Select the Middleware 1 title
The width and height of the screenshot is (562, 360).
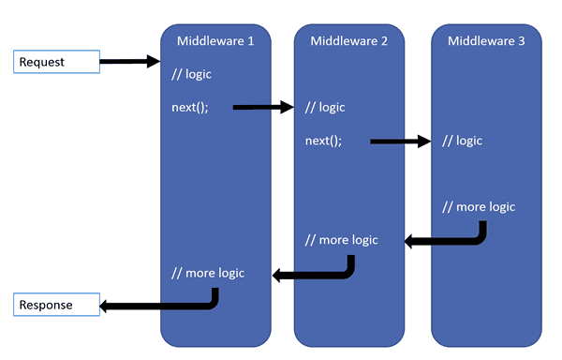click(x=215, y=40)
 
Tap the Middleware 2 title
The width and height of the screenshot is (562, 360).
click(x=349, y=40)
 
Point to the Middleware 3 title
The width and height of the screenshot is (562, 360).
click(x=486, y=40)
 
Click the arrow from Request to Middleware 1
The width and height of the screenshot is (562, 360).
click(x=130, y=62)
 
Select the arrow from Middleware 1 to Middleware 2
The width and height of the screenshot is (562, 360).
click(x=263, y=108)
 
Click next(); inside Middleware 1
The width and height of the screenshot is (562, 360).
click(x=190, y=107)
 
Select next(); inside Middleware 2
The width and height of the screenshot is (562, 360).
click(x=324, y=141)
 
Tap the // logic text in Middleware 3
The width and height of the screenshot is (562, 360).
click(x=463, y=141)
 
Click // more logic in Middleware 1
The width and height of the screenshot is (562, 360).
click(x=208, y=273)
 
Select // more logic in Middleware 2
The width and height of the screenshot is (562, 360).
click(x=342, y=240)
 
